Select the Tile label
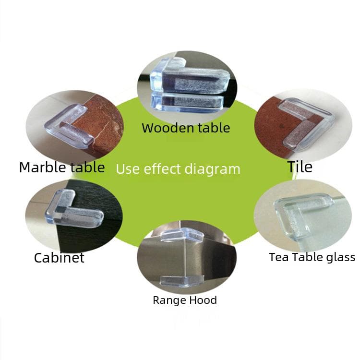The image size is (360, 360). pyautogui.click(x=300, y=167)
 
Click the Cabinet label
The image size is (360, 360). pyautogui.click(x=59, y=258)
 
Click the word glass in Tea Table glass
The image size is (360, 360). pyautogui.click(x=340, y=257)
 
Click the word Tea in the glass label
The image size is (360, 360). pyautogui.click(x=278, y=257)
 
